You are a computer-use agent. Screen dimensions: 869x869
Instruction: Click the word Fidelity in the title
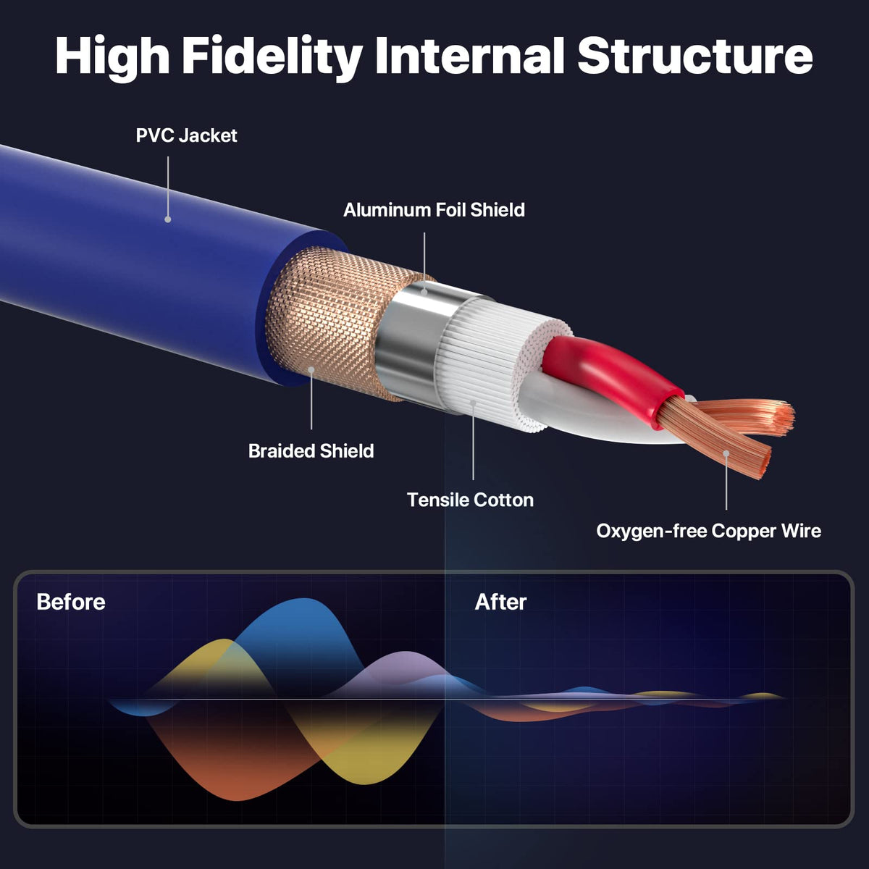pos(272,56)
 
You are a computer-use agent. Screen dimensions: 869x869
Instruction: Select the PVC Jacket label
pos(186,135)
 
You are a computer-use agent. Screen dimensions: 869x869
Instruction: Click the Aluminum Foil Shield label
pos(434,210)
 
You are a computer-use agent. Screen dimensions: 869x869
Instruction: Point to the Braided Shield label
pos(311,450)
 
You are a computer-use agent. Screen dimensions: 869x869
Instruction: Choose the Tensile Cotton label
pos(470,500)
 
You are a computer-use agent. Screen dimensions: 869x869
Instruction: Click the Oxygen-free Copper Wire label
pos(708,531)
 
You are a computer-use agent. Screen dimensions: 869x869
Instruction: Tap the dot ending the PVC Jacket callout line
pos(168,219)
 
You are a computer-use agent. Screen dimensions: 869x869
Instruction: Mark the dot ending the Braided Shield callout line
pos(311,370)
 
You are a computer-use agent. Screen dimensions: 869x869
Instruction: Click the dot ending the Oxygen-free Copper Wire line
pos(726,453)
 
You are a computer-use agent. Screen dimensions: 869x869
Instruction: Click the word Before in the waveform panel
pos(71,602)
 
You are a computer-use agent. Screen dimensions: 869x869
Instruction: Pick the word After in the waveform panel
pos(500,602)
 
